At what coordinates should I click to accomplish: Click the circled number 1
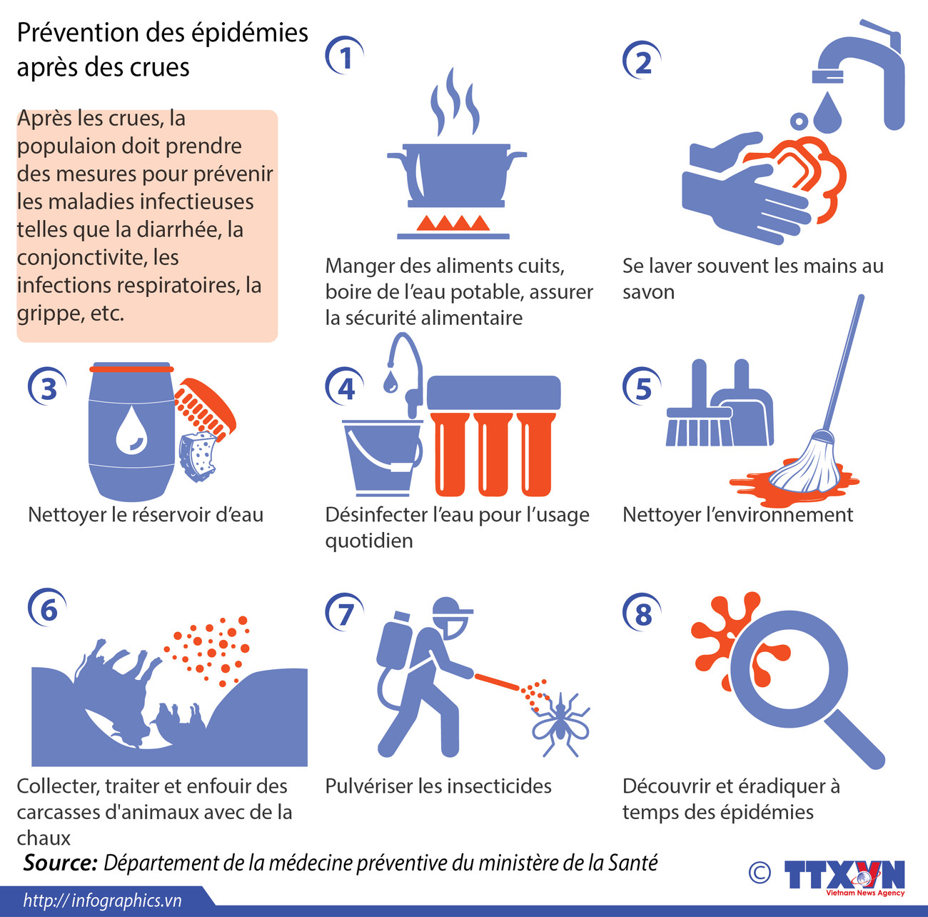pyautogui.click(x=344, y=56)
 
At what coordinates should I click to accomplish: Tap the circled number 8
pyautogui.click(x=642, y=613)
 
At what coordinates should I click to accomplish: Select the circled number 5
pyautogui.click(x=642, y=387)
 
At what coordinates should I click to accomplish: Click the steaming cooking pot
pyautogui.click(x=457, y=174)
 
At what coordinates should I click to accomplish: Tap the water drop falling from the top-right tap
pyautogui.click(x=827, y=113)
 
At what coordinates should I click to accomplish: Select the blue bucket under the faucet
pyautogui.click(x=383, y=457)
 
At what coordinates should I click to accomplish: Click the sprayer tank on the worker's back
pyautogui.click(x=394, y=639)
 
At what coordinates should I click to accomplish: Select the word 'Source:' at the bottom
pyautogui.click(x=61, y=863)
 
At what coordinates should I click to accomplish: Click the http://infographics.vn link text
pyautogui.click(x=103, y=901)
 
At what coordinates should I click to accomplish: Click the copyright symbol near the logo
pyautogui.click(x=760, y=873)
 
